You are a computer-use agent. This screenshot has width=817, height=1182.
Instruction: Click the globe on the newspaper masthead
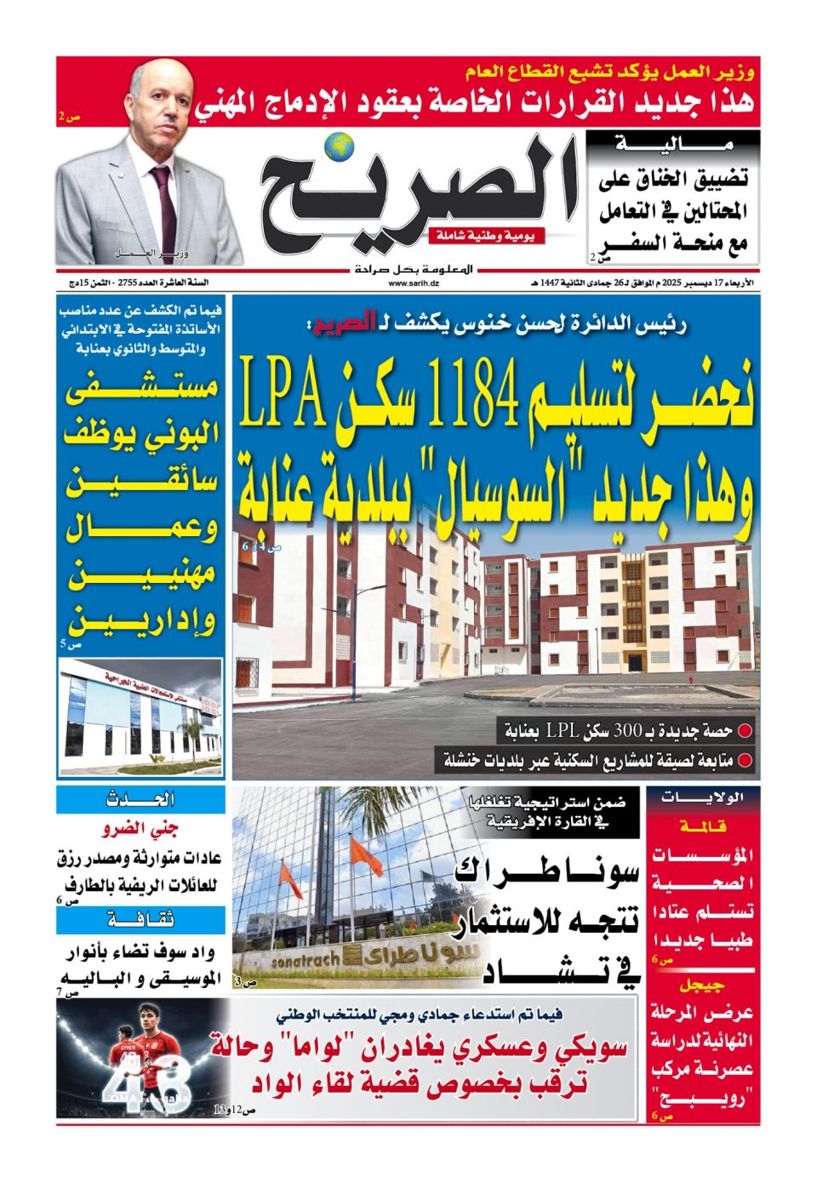click(340, 146)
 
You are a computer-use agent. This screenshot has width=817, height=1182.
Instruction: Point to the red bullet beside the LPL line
click(745, 730)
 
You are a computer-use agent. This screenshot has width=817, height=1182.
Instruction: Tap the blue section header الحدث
click(140, 799)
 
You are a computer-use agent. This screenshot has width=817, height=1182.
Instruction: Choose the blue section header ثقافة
click(140, 919)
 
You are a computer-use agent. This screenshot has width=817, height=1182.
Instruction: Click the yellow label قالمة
click(703, 825)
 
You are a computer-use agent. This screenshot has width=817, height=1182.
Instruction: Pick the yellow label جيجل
click(703, 985)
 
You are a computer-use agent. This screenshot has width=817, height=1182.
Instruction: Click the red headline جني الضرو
click(140, 829)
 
